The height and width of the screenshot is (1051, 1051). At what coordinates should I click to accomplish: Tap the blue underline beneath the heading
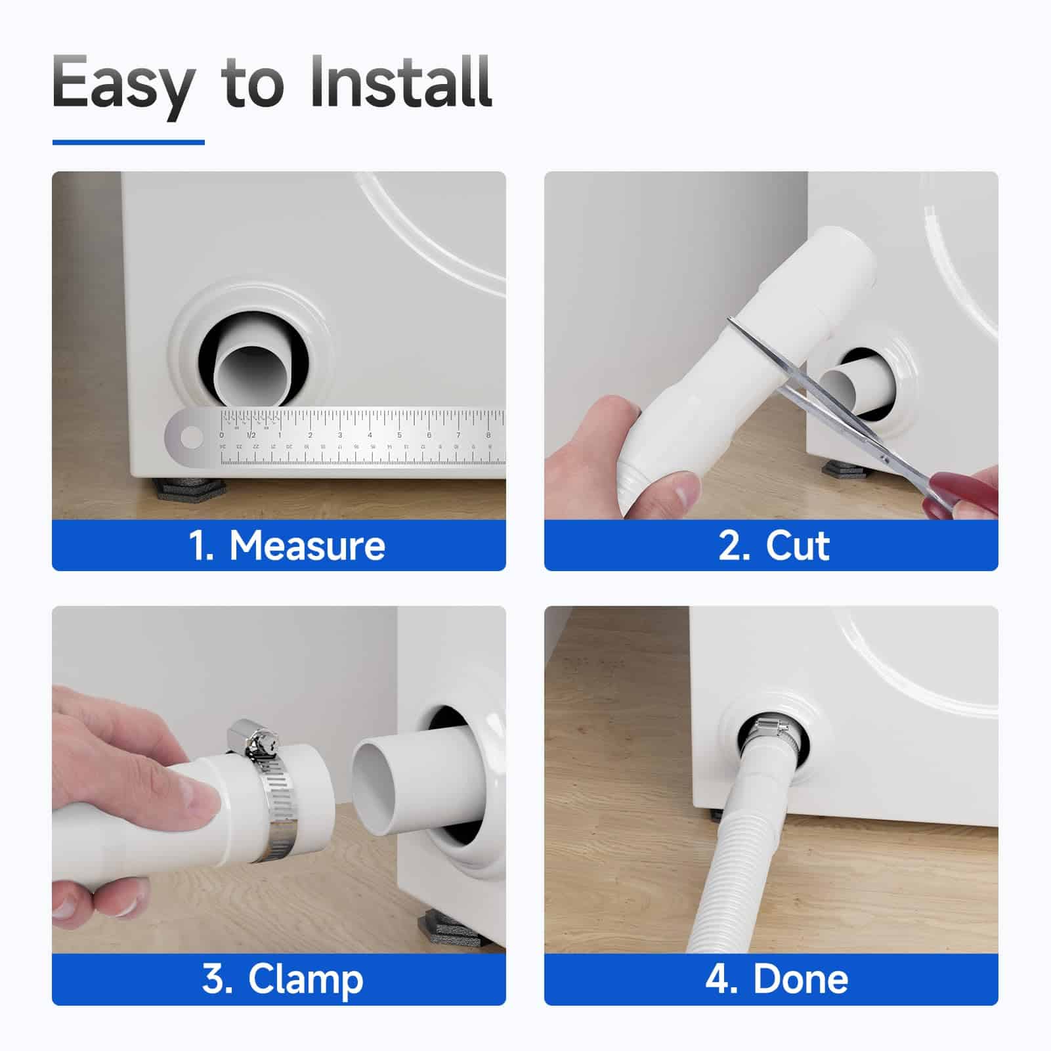tap(129, 142)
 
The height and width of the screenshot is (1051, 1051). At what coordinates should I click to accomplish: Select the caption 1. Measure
tap(287, 546)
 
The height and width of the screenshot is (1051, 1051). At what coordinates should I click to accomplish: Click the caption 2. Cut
tap(774, 546)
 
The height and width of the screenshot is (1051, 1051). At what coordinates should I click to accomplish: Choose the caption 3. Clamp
tap(282, 979)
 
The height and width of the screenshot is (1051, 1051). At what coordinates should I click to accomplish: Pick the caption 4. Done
tap(777, 979)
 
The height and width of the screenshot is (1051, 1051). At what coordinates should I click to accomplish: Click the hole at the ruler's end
tap(192, 437)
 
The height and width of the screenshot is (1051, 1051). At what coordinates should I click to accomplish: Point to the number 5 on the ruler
tap(399, 435)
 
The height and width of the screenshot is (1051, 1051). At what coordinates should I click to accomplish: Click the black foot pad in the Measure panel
tap(190, 488)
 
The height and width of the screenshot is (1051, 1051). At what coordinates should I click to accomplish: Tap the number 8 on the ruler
tap(488, 435)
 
